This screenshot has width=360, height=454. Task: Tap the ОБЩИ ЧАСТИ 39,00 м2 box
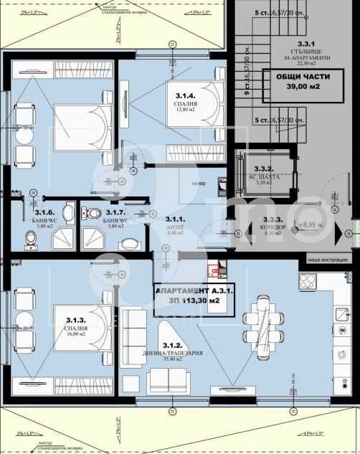293,81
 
